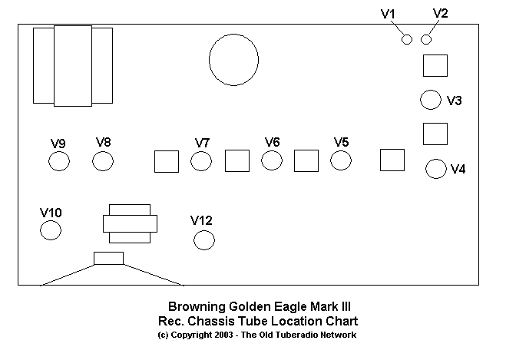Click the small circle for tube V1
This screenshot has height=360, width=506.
[x=408, y=39]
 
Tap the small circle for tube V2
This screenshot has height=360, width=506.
[x=426, y=39]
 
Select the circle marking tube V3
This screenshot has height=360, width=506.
[x=431, y=100]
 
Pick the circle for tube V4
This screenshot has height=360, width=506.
[x=436, y=169]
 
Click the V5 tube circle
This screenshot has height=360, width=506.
[x=341, y=160]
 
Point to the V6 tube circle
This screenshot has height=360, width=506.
[x=272, y=160]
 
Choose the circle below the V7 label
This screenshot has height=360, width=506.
[x=201, y=161]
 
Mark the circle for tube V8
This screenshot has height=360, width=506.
[x=103, y=161]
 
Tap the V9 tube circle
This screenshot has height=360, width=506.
[x=59, y=161]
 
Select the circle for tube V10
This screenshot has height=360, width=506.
[x=51, y=230]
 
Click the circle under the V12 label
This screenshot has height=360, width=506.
[x=204, y=240]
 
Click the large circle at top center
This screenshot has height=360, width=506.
[x=234, y=60]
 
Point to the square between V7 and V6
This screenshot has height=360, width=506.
[x=236, y=160]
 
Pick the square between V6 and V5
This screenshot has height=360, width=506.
[x=306, y=160]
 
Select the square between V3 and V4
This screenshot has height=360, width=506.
[x=435, y=134]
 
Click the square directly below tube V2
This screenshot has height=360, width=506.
[x=435, y=65]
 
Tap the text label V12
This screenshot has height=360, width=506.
[x=201, y=221]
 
